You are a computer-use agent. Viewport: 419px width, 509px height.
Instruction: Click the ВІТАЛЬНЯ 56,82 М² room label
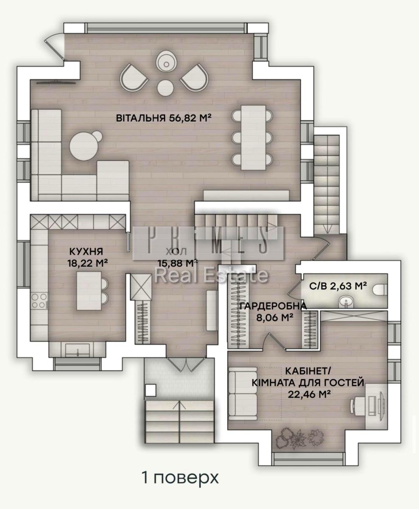[x=164, y=118]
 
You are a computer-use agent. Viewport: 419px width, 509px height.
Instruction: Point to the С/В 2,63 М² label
[x=338, y=286]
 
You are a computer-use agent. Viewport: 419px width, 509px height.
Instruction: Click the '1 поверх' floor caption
[x=180, y=478]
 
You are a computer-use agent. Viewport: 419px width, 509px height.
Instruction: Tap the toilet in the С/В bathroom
[x=380, y=289]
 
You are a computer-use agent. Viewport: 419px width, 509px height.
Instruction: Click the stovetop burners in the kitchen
[x=39, y=301]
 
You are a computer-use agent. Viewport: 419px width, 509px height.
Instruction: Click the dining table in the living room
[x=253, y=137]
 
